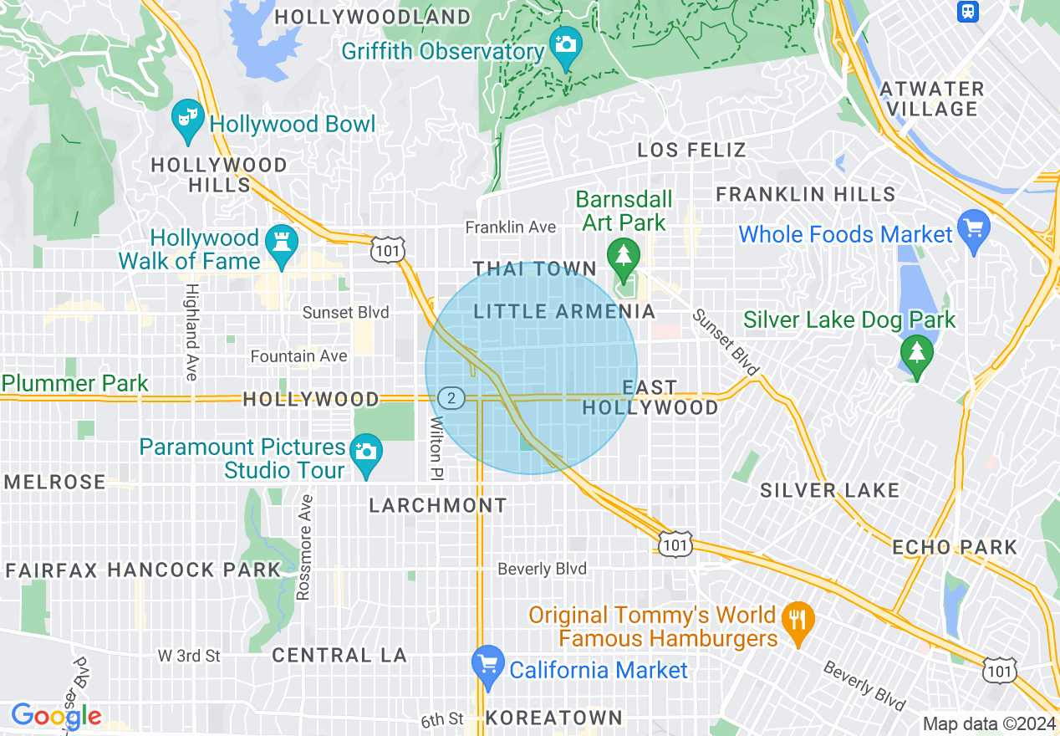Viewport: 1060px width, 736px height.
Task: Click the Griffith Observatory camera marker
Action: tap(566, 43)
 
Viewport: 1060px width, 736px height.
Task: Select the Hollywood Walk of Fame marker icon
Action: tap(281, 243)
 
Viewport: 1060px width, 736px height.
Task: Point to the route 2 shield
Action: tap(451, 398)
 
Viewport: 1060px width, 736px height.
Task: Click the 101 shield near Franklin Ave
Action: tap(390, 249)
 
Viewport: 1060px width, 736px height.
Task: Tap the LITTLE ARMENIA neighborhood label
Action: tap(564, 312)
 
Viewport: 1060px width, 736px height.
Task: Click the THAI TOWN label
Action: tap(535, 269)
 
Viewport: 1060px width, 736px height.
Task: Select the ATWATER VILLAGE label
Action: tap(933, 99)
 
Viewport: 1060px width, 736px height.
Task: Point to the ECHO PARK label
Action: tap(954, 548)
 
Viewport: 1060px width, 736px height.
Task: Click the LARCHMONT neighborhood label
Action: tap(438, 506)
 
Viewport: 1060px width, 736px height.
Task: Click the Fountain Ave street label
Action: tap(298, 356)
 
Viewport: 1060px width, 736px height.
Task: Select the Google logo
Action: tap(56, 716)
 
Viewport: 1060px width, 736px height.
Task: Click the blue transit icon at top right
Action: tap(968, 11)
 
